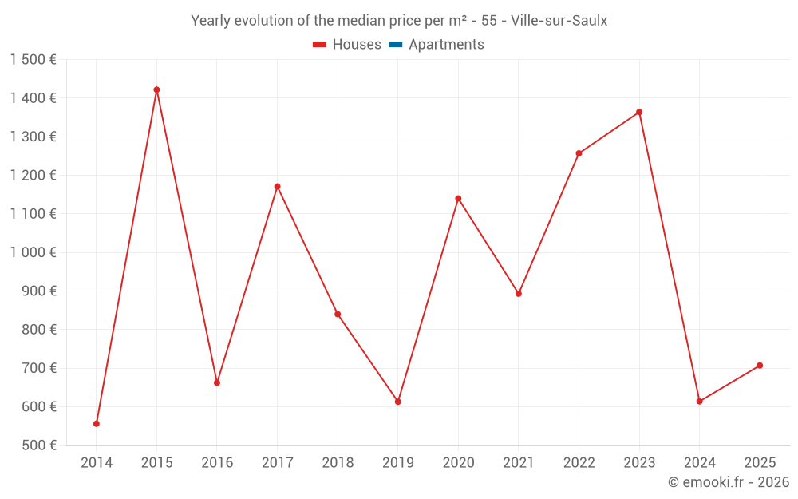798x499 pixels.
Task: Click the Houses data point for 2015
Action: tap(156, 89)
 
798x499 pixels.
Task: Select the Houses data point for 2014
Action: tap(97, 424)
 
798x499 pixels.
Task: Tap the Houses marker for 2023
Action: tap(639, 112)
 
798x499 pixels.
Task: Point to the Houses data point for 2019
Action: tap(398, 402)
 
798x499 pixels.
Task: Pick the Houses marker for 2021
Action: tap(519, 294)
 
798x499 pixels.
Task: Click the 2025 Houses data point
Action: tap(760, 366)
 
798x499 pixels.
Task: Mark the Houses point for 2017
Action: tap(277, 186)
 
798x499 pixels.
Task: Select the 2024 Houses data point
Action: tap(699, 402)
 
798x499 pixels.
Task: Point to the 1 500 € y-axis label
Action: tap(34, 59)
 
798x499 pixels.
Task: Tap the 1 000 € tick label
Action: tap(34, 252)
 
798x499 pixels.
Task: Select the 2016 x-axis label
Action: tap(217, 463)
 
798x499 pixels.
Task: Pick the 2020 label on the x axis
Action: tap(458, 463)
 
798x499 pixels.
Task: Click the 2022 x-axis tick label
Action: tap(579, 463)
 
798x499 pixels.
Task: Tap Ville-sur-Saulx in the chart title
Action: tap(559, 21)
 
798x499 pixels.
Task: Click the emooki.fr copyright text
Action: tap(729, 482)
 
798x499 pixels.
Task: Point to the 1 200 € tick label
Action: tap(34, 175)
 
